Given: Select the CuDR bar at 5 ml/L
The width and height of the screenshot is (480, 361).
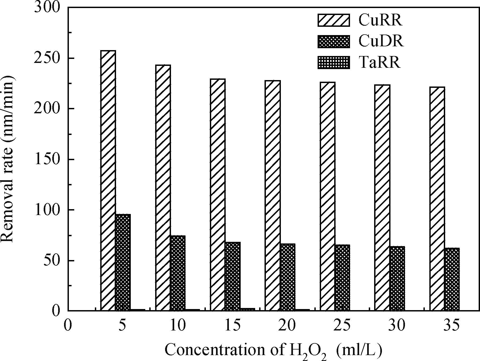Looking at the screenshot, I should (123, 262).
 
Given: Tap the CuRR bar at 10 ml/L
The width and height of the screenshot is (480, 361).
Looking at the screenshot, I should (163, 187).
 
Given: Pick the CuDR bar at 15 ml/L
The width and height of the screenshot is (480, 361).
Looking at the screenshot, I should (233, 276).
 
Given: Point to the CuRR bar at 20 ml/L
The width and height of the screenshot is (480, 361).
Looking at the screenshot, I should (273, 195).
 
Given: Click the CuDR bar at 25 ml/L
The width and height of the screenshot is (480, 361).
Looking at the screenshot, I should (342, 277).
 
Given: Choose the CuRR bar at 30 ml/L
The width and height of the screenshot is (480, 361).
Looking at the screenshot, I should (382, 197).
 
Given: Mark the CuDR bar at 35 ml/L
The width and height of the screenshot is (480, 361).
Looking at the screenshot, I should (452, 279).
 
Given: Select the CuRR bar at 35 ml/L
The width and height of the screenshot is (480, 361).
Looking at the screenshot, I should (437, 198).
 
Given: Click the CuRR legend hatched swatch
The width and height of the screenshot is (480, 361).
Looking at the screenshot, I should (334, 20).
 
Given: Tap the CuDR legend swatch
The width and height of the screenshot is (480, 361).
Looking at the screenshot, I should (334, 42).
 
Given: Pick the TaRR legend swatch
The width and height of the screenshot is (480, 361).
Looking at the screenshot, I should (334, 63).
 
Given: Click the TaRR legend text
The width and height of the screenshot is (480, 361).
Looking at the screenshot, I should (379, 63).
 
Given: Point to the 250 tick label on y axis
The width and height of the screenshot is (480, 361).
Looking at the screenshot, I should (46, 58).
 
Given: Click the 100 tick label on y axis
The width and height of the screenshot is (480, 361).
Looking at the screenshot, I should (46, 210).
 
